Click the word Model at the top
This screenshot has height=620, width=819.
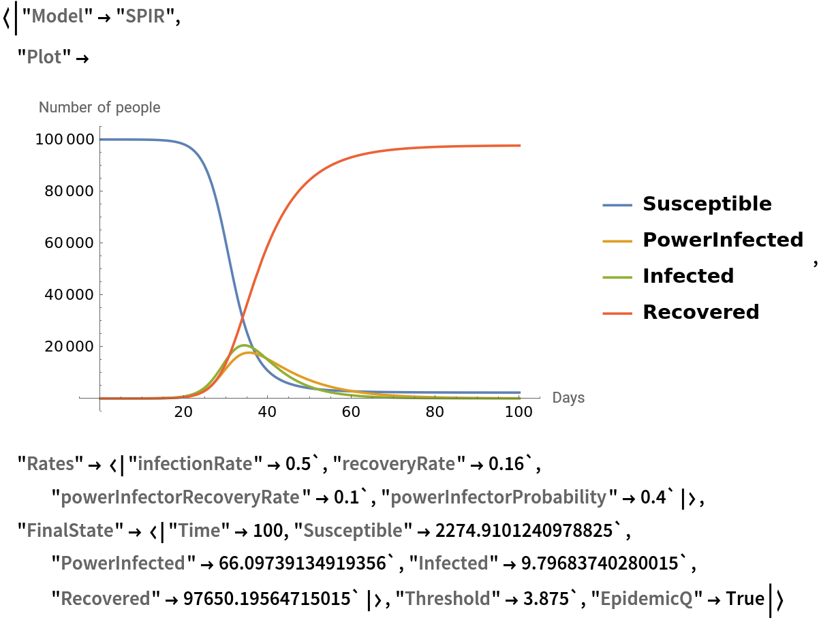(x=58, y=16)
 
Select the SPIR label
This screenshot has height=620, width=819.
(x=145, y=16)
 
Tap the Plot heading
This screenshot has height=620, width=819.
(x=44, y=57)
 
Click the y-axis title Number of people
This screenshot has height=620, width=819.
(x=99, y=108)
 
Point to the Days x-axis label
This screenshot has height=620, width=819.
(x=568, y=397)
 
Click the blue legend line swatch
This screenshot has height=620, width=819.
(x=617, y=205)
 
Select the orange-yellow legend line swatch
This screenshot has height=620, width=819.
(x=617, y=241)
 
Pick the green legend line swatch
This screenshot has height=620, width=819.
(x=617, y=277)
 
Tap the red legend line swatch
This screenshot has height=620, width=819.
(x=617, y=313)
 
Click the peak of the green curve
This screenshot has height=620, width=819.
(x=245, y=345)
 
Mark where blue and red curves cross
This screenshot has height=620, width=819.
(x=243, y=315)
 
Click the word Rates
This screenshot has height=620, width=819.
(x=50, y=464)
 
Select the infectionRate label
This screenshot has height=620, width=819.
(x=195, y=464)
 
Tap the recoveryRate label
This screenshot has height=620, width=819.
(x=399, y=464)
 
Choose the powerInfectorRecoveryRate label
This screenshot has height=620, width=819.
(x=180, y=497)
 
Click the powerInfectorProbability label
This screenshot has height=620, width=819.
(x=498, y=497)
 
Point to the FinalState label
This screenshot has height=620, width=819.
(x=70, y=530)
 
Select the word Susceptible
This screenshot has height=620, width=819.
(x=352, y=530)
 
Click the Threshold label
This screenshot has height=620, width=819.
(x=448, y=598)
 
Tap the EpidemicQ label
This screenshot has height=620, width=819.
(x=646, y=598)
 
